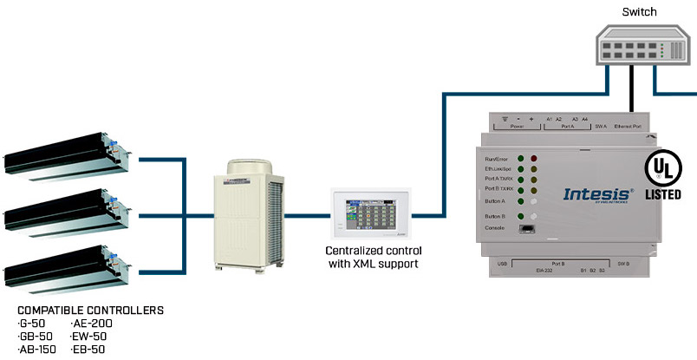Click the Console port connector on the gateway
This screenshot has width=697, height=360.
[526, 228]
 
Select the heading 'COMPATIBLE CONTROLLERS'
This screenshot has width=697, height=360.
[90, 310]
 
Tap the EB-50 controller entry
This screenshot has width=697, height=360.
[90, 350]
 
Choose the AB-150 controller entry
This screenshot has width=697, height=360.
[39, 350]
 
